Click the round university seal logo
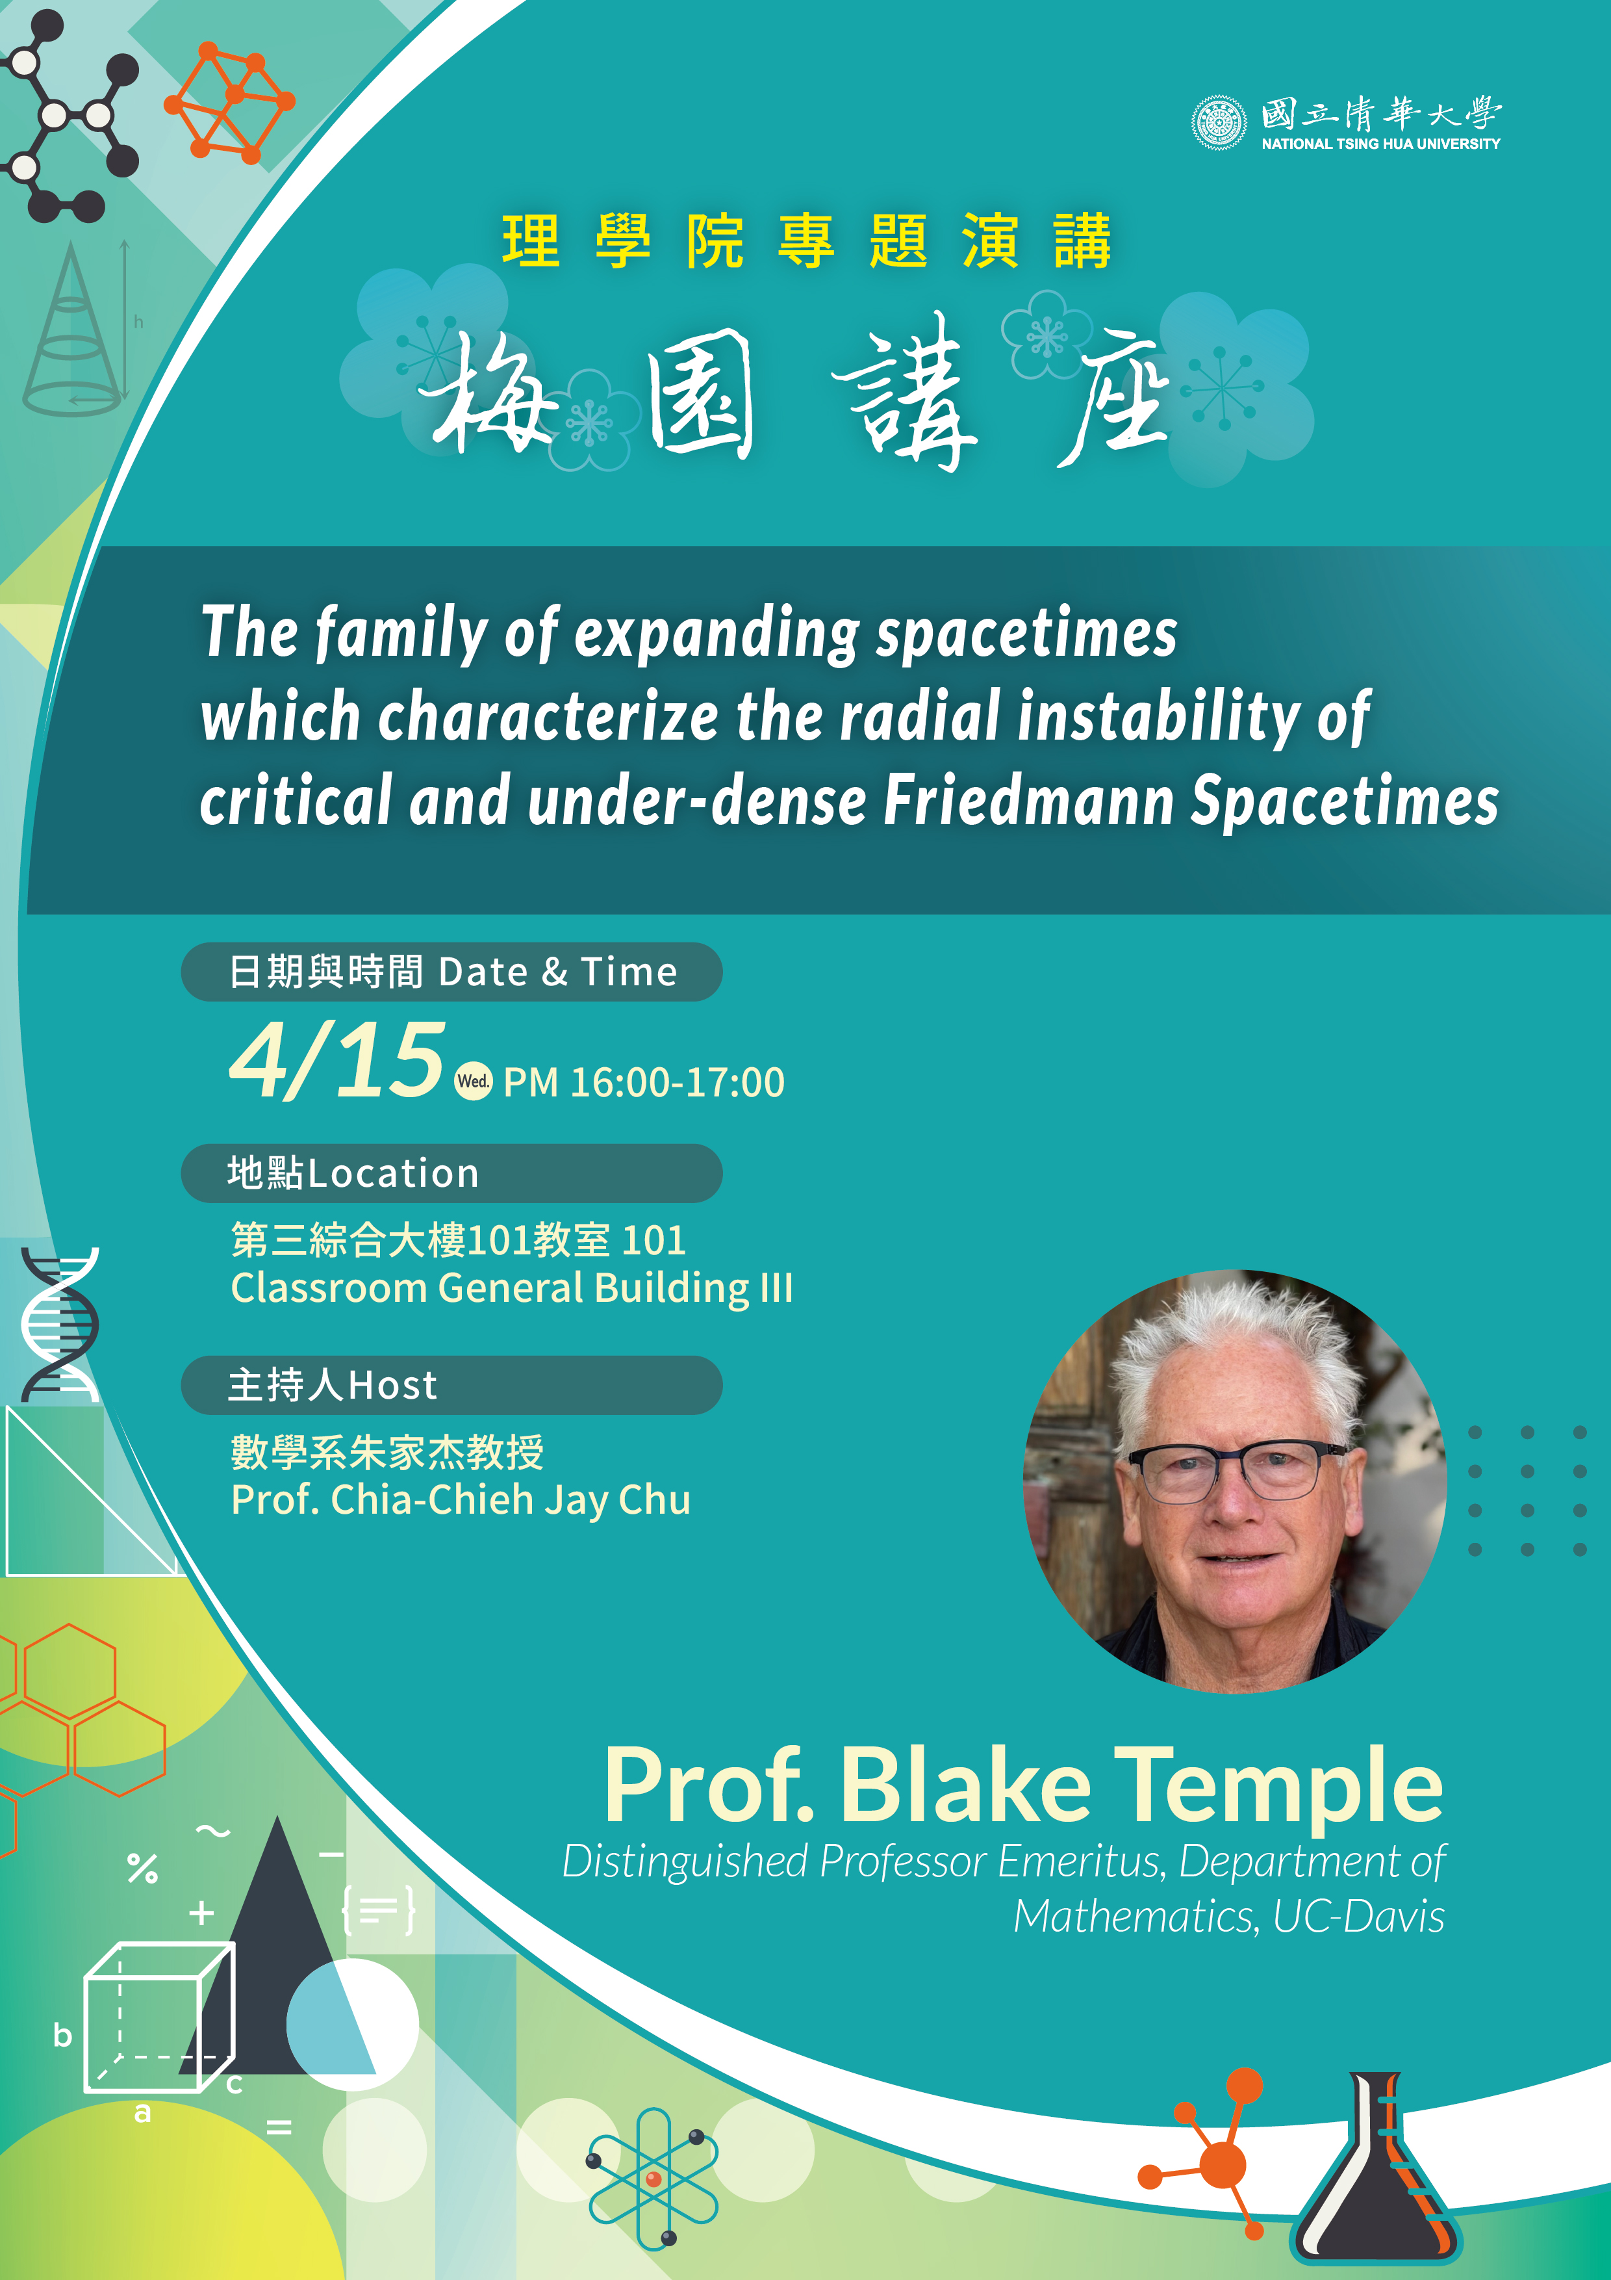click(1219, 123)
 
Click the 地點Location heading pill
click(451, 1172)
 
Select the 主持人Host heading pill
click(451, 1384)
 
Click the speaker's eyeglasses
click(1237, 1468)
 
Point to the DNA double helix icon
click(60, 1325)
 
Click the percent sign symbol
click(143, 1868)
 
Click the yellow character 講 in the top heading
click(1082, 241)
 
